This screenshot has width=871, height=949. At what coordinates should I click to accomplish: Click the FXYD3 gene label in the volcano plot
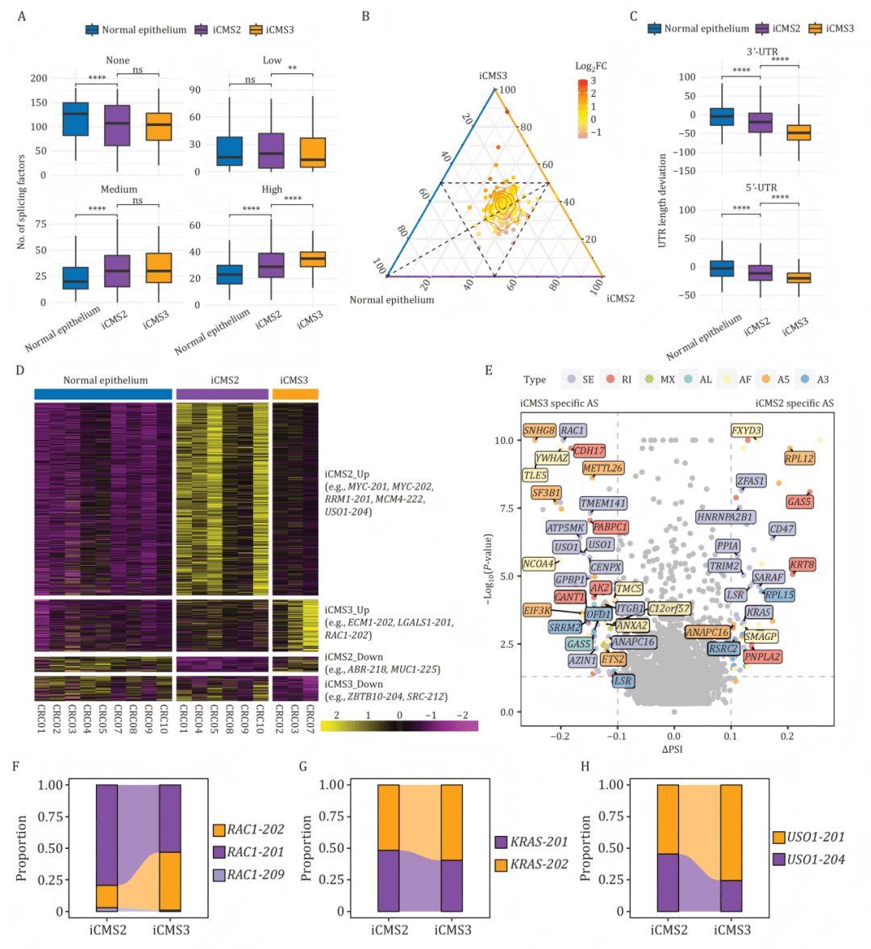(746, 431)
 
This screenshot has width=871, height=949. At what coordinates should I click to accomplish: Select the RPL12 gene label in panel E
(799, 458)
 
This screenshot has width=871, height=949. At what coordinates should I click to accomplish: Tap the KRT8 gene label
(802, 565)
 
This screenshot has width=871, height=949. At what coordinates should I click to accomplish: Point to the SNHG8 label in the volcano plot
(539, 431)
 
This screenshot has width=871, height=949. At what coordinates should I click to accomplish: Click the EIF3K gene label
(537, 611)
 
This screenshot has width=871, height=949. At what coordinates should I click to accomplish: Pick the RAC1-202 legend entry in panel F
(255, 830)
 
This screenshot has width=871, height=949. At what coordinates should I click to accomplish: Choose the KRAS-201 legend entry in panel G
(539, 842)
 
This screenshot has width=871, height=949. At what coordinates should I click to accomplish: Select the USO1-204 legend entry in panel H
(815, 859)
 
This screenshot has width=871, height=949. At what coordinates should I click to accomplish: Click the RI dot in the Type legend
(611, 379)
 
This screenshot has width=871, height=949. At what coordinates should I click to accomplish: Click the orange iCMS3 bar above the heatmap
(295, 394)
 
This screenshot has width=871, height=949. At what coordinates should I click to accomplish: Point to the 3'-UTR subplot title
(761, 52)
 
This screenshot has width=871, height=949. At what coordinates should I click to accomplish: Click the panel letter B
(365, 15)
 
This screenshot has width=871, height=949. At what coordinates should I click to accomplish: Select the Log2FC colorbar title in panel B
(591, 66)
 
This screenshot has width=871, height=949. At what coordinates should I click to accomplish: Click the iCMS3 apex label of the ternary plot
(493, 76)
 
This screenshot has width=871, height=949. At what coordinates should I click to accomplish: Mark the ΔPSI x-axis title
(673, 749)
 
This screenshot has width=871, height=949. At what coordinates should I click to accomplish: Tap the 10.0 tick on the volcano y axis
(504, 441)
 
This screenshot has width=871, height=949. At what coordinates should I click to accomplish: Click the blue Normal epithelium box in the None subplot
(75, 119)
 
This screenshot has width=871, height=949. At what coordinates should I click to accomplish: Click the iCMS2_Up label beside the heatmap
(347, 474)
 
